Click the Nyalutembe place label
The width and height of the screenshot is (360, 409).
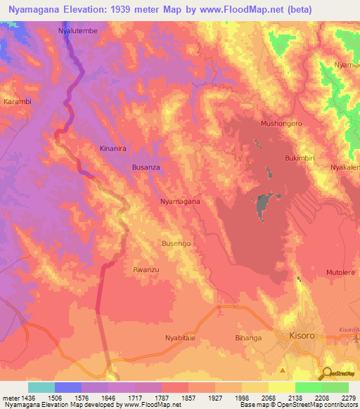78,32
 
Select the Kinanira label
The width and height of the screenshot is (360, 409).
114,149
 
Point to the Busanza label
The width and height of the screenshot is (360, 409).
148,168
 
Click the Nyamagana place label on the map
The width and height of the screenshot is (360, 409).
180,202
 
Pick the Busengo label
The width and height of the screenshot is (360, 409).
176,243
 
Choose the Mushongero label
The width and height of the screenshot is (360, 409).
281,123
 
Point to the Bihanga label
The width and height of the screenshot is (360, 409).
248,338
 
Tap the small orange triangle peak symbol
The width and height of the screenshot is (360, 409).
283,368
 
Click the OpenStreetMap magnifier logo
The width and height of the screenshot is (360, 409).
328,375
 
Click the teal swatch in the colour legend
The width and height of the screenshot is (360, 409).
41,387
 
